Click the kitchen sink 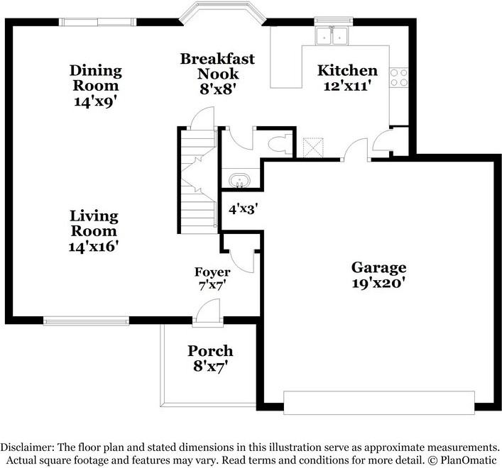[332, 36]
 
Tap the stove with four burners [399, 78]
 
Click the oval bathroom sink [238, 181]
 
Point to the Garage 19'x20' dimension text [378, 283]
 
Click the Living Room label [94, 223]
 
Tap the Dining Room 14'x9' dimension [94, 101]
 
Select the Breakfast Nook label [218, 66]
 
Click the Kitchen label [347, 70]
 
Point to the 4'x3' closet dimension [244, 209]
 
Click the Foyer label [212, 272]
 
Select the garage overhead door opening [378, 403]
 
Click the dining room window [98, 22]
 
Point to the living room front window [86, 321]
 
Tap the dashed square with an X [313, 147]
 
